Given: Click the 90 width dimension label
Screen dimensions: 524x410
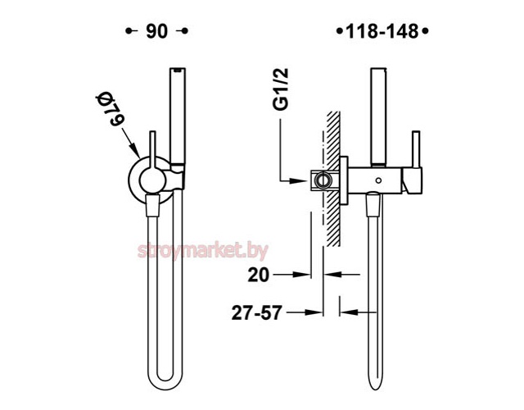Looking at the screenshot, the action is (156, 31).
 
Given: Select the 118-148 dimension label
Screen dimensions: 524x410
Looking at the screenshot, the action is (382, 32).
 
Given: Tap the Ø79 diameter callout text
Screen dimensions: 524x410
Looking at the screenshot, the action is (111, 110).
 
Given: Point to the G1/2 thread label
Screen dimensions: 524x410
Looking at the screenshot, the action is (280, 89).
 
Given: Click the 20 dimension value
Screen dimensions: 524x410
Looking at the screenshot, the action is (259, 276).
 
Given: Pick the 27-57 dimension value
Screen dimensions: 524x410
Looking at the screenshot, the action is (256, 313).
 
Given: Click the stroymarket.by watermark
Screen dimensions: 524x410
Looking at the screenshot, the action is (203, 251).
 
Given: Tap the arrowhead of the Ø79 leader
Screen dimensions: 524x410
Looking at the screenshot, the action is (135, 151).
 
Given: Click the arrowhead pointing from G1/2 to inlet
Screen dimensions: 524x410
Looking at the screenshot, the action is (299, 180).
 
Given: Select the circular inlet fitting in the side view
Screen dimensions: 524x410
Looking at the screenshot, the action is (323, 180).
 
